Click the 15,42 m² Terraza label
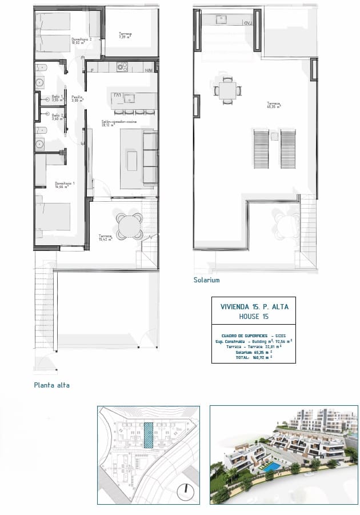tap(105, 238)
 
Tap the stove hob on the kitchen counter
tap(122, 67)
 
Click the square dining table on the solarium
tap(227, 91)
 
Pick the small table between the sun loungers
tap(274, 137)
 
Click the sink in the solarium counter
tap(221, 19)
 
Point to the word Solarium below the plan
tap(206, 281)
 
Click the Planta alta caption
tap(51, 385)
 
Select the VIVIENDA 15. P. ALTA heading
tap(254, 307)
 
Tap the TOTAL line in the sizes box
tap(254, 358)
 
